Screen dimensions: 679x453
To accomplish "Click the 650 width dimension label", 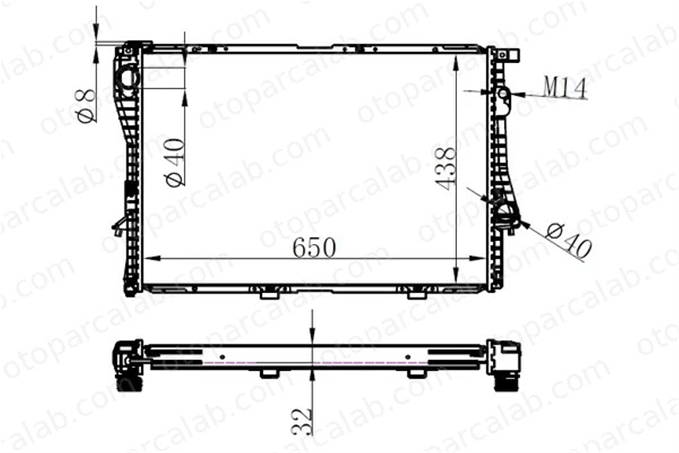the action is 314,248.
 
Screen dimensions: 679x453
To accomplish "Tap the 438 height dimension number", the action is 445,168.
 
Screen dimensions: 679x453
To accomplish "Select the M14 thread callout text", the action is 565,87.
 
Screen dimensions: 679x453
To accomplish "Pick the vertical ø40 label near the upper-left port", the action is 175,162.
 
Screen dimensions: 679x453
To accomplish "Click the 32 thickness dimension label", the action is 301,421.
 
